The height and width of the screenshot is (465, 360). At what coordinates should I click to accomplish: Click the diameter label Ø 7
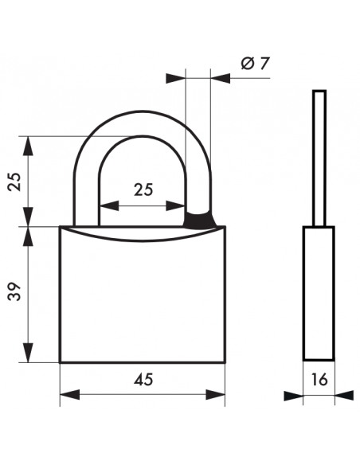[x=254, y=64]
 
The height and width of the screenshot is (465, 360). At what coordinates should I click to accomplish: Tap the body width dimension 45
[x=143, y=380]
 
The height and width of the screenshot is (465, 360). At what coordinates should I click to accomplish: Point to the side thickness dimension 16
[x=319, y=380]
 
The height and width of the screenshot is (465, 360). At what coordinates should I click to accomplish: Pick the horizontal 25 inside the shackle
[x=143, y=190]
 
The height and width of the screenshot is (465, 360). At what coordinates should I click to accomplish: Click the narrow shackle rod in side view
[x=319, y=159]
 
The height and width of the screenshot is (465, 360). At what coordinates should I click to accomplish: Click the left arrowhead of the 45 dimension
[x=68, y=394]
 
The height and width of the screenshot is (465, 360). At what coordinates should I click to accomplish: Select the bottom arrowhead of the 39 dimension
[x=29, y=354]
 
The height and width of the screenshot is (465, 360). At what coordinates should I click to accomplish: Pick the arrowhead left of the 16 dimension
[x=295, y=394]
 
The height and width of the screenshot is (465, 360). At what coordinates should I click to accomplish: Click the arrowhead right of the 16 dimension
[x=343, y=394]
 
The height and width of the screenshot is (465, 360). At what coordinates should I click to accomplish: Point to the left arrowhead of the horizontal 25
[x=107, y=205]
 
